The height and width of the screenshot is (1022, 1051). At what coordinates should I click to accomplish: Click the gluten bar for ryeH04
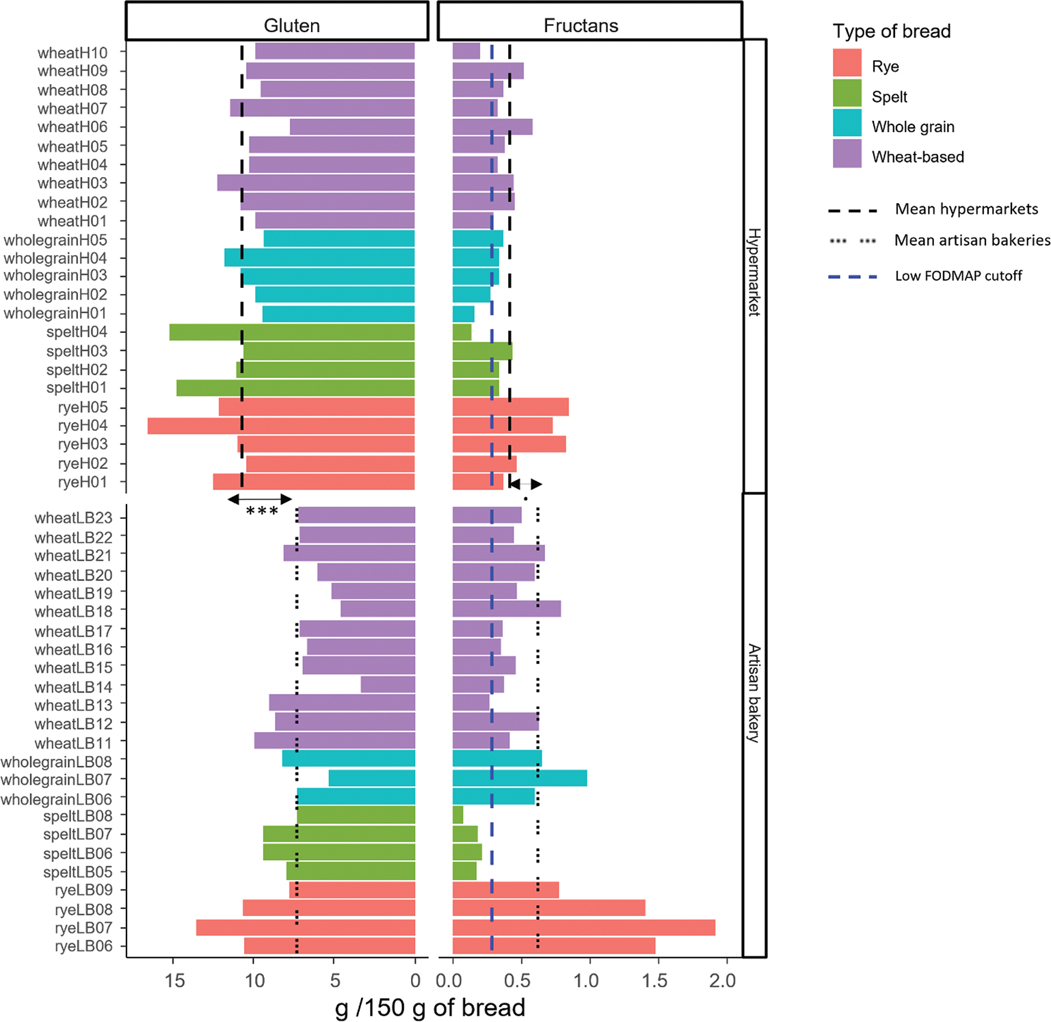tap(281, 426)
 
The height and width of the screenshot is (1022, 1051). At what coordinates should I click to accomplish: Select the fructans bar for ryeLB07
tap(584, 928)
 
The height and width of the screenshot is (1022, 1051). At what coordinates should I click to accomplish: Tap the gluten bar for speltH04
tap(292, 332)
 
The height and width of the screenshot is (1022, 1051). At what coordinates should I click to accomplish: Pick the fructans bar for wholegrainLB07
tap(520, 778)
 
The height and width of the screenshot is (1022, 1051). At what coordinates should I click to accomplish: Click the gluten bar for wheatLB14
tap(388, 684)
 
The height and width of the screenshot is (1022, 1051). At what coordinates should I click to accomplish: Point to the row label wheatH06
tap(72, 127)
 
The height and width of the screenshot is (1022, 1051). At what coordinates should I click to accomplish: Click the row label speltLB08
tap(77, 816)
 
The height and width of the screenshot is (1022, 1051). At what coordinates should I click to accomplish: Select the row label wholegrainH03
tap(55, 275)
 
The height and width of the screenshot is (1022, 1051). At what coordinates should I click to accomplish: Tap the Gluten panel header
tap(292, 25)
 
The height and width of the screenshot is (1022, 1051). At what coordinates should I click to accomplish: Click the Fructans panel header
tap(581, 25)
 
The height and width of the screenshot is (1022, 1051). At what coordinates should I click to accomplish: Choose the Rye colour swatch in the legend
tap(847, 63)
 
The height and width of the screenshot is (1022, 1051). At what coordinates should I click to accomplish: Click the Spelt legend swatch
tap(847, 94)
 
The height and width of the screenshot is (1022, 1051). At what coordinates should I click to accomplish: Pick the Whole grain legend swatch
tap(847, 123)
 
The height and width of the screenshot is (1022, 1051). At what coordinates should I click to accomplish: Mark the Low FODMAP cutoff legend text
tap(958, 276)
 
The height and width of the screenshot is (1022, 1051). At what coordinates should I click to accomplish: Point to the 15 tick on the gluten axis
tap(175, 981)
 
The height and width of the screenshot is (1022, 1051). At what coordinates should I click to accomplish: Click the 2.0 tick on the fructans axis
tap(722, 981)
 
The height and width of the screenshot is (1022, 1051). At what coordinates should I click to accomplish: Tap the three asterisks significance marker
tap(262, 511)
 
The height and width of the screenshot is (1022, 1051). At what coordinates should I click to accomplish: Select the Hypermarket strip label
tap(754, 271)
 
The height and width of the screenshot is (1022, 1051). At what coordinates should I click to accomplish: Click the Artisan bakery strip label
tap(754, 693)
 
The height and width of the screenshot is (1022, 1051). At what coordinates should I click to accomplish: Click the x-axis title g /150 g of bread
tap(430, 1008)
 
